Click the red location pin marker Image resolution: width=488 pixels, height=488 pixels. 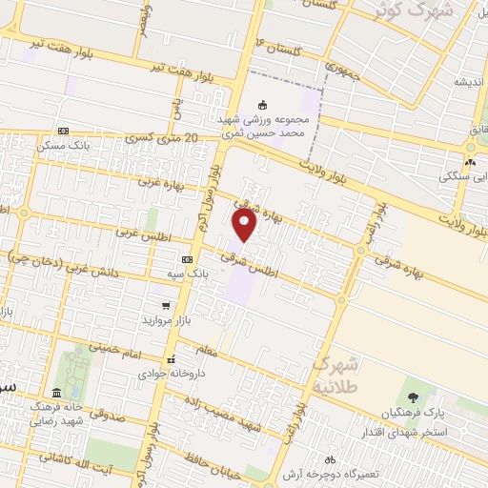click(x=245, y=224)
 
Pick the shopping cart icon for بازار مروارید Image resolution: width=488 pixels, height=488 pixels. click(x=166, y=306)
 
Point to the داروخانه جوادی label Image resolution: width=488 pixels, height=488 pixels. click(x=171, y=376)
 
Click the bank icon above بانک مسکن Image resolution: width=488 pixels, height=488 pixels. click(x=63, y=131)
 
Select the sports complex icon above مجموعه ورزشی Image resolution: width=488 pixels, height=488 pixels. click(x=263, y=105)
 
